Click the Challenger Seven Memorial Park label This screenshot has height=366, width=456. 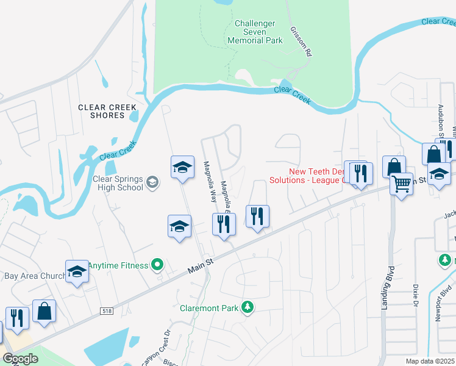pos(255,32)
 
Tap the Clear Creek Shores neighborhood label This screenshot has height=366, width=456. pos(107,111)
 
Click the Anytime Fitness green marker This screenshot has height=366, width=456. pos(158,265)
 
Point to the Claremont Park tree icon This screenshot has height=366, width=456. pos(247,306)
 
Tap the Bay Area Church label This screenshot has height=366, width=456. pos(34,276)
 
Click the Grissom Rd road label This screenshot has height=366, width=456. pos(301,41)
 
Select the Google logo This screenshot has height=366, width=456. pos(20,358)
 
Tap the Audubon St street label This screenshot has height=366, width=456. pos(441,110)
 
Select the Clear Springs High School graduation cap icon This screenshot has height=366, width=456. pos(152,182)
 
